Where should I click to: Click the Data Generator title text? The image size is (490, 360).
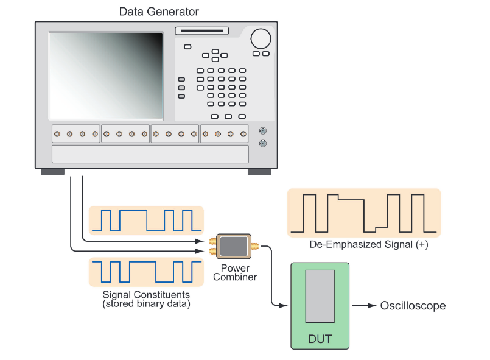[159, 11]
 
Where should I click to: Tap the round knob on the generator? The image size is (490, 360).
[261, 38]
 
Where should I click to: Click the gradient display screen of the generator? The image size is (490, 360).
[106, 76]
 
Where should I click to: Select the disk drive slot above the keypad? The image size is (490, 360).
[201, 31]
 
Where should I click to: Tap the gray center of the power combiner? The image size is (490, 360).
[232, 245]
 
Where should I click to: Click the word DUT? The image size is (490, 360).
[320, 337]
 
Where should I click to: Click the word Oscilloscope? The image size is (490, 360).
[413, 305]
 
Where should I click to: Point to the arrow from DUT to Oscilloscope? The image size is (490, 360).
[363, 305]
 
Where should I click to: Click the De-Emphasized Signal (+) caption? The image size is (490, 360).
[363, 245]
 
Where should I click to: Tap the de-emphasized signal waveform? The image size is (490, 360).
[363, 213]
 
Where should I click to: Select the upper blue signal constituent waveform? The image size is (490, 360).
[145, 221]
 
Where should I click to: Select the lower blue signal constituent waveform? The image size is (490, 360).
[145, 272]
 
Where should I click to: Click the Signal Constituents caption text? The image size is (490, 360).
[146, 298]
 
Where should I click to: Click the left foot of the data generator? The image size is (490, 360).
[52, 172]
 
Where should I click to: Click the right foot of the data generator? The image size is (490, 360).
[259, 172]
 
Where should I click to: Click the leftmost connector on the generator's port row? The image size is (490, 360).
[57, 133]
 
